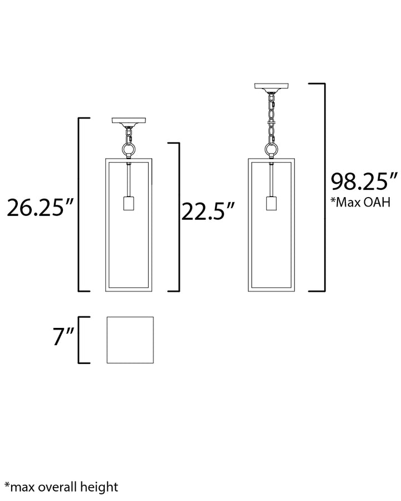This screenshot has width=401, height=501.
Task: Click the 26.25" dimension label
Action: pos(40,208)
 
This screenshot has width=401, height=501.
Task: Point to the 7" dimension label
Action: pos(63,337)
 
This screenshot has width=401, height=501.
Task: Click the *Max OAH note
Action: pos(360,202)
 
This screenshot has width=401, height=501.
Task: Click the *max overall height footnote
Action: pos(61,487)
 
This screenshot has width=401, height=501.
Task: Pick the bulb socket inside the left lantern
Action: pos(129,203)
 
